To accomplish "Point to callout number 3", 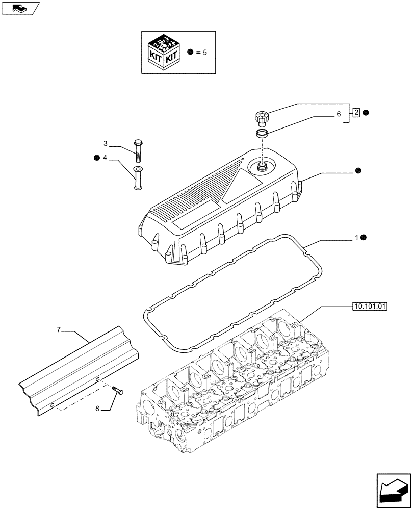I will [x=105, y=143].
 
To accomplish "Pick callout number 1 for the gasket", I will [x=358, y=238].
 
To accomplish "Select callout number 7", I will [x=59, y=331].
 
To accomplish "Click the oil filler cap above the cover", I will [x=262, y=118].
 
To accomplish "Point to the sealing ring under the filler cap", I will [x=262, y=134].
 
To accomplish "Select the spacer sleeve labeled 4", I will [x=138, y=178].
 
